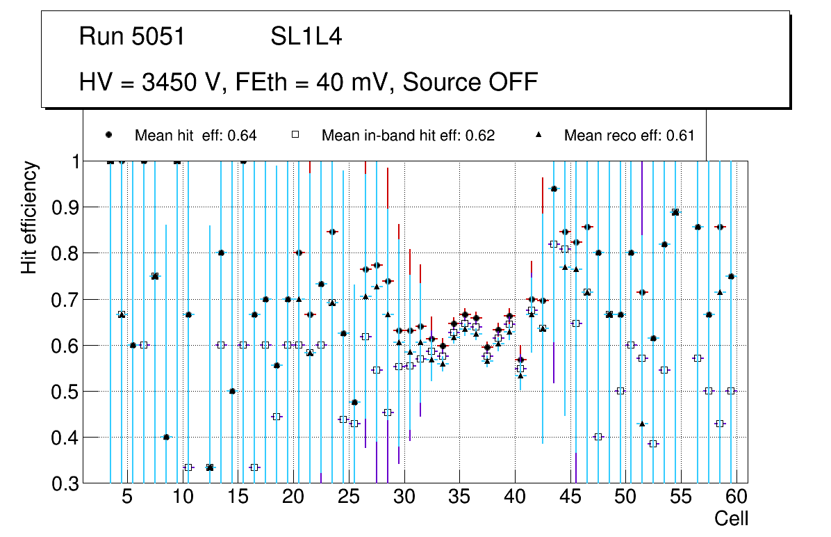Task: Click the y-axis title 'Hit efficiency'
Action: coord(29,217)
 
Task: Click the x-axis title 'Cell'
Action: coord(731,519)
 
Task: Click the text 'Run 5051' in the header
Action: coord(132,37)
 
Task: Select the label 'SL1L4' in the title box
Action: coord(306,37)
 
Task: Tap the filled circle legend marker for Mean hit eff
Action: coord(109,135)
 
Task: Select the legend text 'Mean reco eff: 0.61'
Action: coord(629,136)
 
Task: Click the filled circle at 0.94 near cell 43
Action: coord(554,189)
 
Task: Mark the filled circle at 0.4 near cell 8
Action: coord(166,437)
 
